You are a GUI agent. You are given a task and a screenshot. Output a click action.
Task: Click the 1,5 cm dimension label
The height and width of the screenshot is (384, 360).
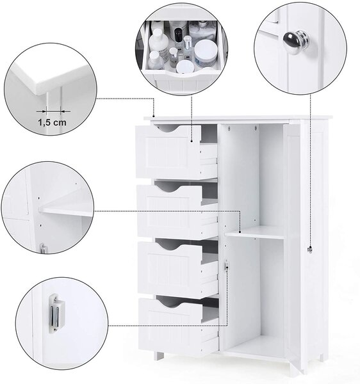tap(52, 122)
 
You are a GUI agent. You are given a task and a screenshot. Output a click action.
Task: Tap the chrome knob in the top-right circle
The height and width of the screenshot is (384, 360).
tap(294, 40)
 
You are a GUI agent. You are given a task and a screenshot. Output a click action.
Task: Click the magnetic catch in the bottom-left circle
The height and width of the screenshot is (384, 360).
tap(56, 314)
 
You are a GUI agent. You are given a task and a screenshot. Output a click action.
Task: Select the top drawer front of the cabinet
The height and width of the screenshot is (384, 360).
tap(168, 152)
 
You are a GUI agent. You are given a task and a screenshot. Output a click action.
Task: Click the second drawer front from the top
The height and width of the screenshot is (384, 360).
tap(170, 211)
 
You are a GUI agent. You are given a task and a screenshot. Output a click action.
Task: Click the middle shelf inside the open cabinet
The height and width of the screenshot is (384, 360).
tap(256, 232)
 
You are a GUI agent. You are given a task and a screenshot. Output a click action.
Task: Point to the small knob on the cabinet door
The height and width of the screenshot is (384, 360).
tap(310, 249)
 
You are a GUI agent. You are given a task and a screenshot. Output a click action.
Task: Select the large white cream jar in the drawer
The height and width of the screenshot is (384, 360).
tap(206, 53)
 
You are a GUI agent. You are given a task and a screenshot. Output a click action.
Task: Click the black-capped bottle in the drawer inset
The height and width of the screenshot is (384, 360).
tap(178, 35)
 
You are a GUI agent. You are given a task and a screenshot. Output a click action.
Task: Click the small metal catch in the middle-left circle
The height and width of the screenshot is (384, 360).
tap(43, 248)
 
